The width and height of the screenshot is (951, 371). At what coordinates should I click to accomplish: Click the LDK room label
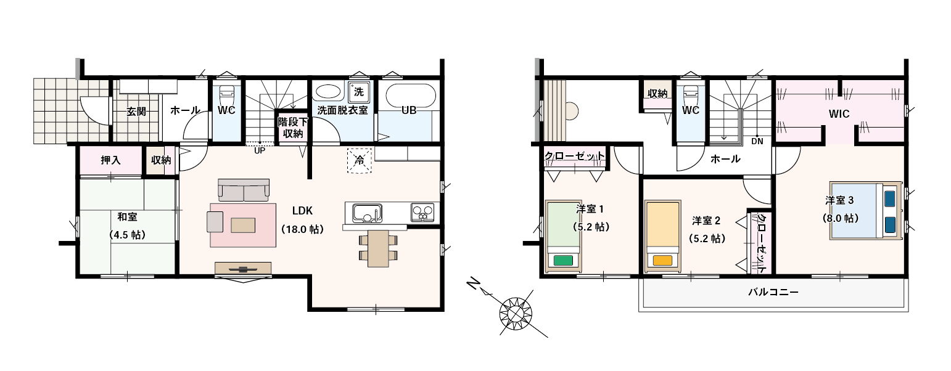pos(302,211)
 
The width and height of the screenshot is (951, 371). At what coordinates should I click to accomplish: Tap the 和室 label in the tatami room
pos(128,217)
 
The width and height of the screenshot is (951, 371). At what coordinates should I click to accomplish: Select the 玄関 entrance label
pos(136,112)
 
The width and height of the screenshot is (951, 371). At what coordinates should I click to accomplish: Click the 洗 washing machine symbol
pos(359,92)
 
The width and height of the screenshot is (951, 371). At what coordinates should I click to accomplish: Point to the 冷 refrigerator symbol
pos(360,161)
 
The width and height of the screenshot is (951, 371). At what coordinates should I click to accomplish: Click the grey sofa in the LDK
pos(244,190)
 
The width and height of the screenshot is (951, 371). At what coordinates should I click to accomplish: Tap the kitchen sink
pos(367,213)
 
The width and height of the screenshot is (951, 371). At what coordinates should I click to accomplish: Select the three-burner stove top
pos(422,213)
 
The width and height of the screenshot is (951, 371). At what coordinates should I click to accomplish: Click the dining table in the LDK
pos(378,248)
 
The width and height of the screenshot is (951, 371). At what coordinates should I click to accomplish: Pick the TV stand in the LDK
pos(243,269)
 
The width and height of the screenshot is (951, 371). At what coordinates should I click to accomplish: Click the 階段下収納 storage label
pos(292,128)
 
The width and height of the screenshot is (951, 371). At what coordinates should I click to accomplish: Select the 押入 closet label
pos(110,160)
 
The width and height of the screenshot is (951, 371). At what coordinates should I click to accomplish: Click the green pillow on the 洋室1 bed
pos(562,260)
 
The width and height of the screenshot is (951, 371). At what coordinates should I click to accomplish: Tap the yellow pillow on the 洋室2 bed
pos(663,260)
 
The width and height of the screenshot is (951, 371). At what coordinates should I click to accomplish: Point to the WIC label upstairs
pos(839,114)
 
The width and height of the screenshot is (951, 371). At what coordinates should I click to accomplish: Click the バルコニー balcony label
pos(773,292)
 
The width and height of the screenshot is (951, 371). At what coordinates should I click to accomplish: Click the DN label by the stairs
pos(757,141)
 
